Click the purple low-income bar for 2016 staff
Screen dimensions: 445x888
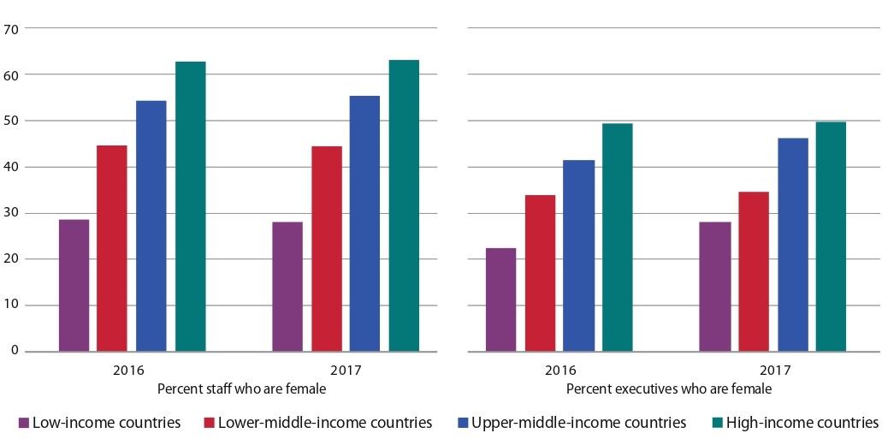(74, 286)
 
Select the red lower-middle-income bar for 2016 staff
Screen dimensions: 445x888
(112, 248)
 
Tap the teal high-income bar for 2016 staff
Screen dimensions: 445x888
(190, 206)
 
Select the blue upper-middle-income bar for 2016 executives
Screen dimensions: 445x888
(579, 256)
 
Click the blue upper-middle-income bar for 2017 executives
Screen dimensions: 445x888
(792, 245)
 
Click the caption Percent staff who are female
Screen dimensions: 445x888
(241, 389)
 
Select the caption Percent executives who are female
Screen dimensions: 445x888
(668, 389)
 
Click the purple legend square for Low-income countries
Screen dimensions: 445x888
(24, 423)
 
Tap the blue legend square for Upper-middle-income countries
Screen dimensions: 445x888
(462, 423)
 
